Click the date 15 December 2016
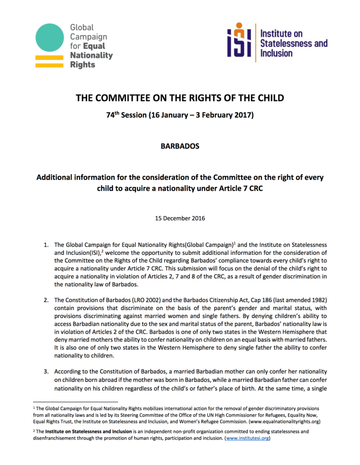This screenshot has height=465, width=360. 180,218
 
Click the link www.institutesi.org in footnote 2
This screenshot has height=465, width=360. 249,439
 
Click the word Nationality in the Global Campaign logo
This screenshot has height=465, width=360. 91,55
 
